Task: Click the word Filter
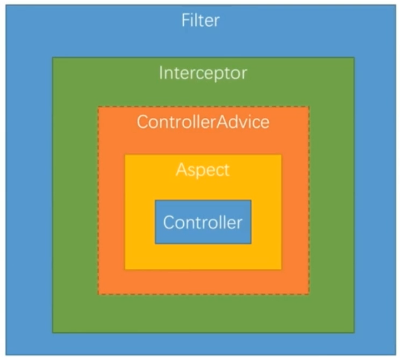click(x=200, y=21)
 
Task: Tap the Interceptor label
click(x=203, y=74)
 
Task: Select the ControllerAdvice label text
click(x=203, y=122)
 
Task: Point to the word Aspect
click(x=203, y=170)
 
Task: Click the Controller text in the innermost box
click(x=203, y=222)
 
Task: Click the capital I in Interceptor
click(x=161, y=74)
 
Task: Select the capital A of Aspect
click(x=180, y=170)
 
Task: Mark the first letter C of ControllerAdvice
click(x=142, y=122)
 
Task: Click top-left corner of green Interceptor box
click(x=52, y=57)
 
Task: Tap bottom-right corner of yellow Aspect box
click(x=281, y=269)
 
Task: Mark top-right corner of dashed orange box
click(x=309, y=107)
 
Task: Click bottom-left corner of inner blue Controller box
click(x=155, y=244)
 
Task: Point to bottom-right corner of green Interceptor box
click(x=354, y=333)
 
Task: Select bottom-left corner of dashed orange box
click(x=98, y=295)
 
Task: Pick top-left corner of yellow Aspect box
click(x=125, y=155)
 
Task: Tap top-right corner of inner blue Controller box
click(x=251, y=200)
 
